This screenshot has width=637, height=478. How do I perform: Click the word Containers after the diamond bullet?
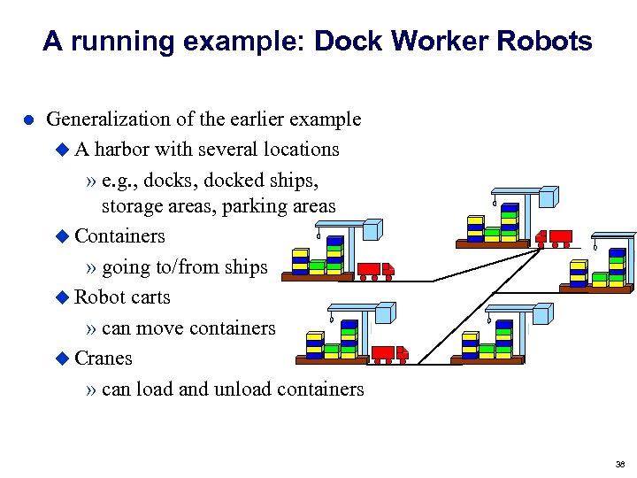[119, 236]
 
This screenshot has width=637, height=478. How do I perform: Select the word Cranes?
[104, 358]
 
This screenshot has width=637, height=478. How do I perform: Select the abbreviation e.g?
[119, 181]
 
